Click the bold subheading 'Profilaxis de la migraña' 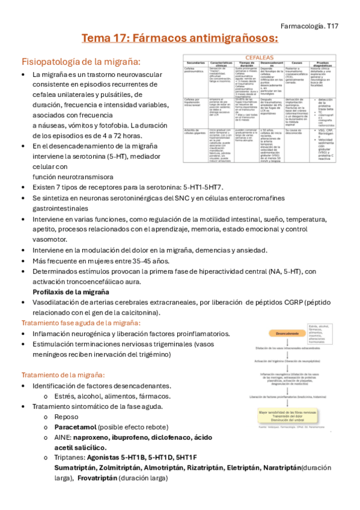71,292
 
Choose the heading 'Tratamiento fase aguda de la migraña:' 81,323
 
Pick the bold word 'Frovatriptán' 97,478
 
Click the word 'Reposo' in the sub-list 66,416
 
